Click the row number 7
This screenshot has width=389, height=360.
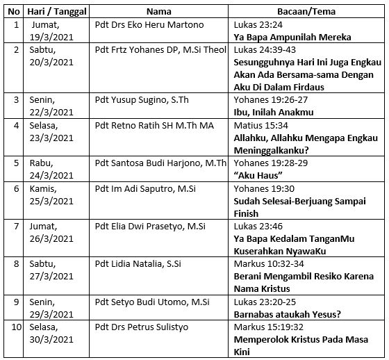[x=15, y=226]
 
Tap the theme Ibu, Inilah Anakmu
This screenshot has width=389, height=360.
[x=274, y=112]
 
